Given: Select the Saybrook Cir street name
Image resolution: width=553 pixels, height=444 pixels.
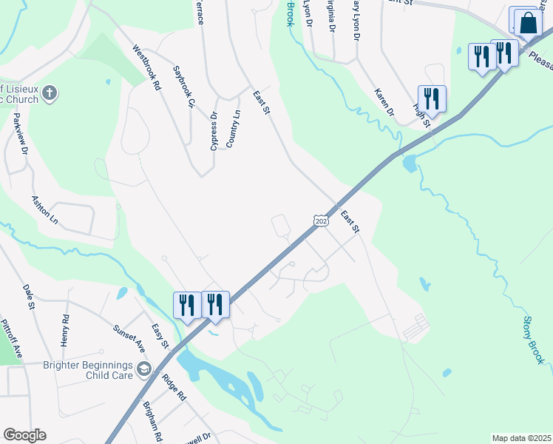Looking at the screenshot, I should (183, 87).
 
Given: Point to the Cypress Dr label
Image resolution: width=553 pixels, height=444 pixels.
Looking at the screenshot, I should (214, 131).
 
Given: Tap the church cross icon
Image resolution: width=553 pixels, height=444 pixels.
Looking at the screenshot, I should (50, 93).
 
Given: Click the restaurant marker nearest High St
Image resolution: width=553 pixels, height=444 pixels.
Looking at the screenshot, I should (431, 98).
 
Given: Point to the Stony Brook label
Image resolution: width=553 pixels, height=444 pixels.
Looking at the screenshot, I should (533, 340).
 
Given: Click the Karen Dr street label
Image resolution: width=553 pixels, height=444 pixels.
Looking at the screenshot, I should (384, 103).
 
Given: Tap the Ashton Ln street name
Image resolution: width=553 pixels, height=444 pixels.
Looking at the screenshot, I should (44, 209).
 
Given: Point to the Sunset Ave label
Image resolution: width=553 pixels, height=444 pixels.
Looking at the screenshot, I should (128, 337).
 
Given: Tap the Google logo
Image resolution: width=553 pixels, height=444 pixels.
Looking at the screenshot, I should (24, 435).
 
